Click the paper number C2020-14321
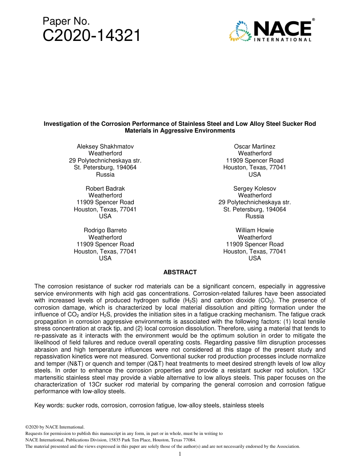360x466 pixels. pos(91,36)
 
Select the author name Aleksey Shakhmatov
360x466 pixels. pos(105,147)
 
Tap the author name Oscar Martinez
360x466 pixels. pos(255,147)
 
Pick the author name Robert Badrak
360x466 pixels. pos(105,189)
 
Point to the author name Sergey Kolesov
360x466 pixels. pos(255,189)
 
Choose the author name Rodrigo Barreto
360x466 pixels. pos(105,230)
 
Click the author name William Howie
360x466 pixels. pos(255,230)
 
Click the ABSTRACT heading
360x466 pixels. pos(180,272)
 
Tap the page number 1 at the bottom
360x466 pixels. pos(180,454)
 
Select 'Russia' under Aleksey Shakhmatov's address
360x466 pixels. pos(105,175)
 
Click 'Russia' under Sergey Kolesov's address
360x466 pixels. pos(255,216)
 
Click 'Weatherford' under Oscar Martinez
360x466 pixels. pos(255,153)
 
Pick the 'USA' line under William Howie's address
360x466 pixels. pos(255,258)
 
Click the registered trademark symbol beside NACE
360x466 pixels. pos(313,19)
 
